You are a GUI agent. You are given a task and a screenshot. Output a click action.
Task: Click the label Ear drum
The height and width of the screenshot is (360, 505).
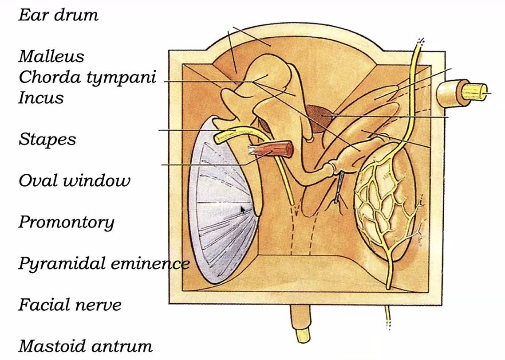(x=58, y=15)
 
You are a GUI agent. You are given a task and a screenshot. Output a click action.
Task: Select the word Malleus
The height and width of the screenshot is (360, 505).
(x=51, y=56)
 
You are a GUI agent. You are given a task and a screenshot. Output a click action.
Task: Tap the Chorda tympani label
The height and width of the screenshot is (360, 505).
(x=87, y=78)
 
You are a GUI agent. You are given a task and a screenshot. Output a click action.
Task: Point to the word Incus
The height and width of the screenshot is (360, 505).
(x=41, y=98)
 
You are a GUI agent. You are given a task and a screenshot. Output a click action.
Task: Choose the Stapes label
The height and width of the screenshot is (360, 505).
(x=47, y=140)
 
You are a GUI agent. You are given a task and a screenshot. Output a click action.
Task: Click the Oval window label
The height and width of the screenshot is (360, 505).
(x=75, y=180)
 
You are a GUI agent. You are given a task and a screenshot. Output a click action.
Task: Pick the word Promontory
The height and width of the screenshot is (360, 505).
(x=67, y=222)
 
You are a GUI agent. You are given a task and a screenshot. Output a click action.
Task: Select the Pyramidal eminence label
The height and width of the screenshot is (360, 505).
(x=104, y=264)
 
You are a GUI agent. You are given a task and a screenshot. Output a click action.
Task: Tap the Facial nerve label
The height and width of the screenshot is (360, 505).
(x=70, y=305)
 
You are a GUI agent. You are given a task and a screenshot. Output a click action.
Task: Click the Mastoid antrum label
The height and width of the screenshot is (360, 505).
(x=85, y=346)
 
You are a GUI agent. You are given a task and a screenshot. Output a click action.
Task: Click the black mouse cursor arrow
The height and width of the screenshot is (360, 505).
(x=243, y=210)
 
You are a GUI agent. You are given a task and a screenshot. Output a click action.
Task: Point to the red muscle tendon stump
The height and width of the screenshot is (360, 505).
(x=271, y=149)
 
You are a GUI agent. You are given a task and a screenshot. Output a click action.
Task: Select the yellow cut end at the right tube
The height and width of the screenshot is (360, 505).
(x=475, y=91)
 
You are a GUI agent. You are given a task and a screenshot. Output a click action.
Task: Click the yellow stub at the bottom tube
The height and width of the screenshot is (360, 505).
(x=303, y=336)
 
